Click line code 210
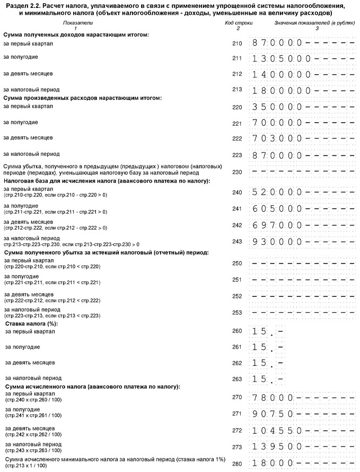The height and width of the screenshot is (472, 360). click(x=237, y=43)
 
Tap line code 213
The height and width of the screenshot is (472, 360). click(x=237, y=90)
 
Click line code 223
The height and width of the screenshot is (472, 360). click(x=237, y=155)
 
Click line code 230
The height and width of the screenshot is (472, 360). click(x=237, y=172)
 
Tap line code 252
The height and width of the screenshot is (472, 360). click(x=237, y=296)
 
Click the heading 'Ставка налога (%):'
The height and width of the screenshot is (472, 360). click(x=31, y=323)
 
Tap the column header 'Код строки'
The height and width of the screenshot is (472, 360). click(x=239, y=23)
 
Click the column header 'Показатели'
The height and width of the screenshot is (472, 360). click(x=77, y=23)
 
